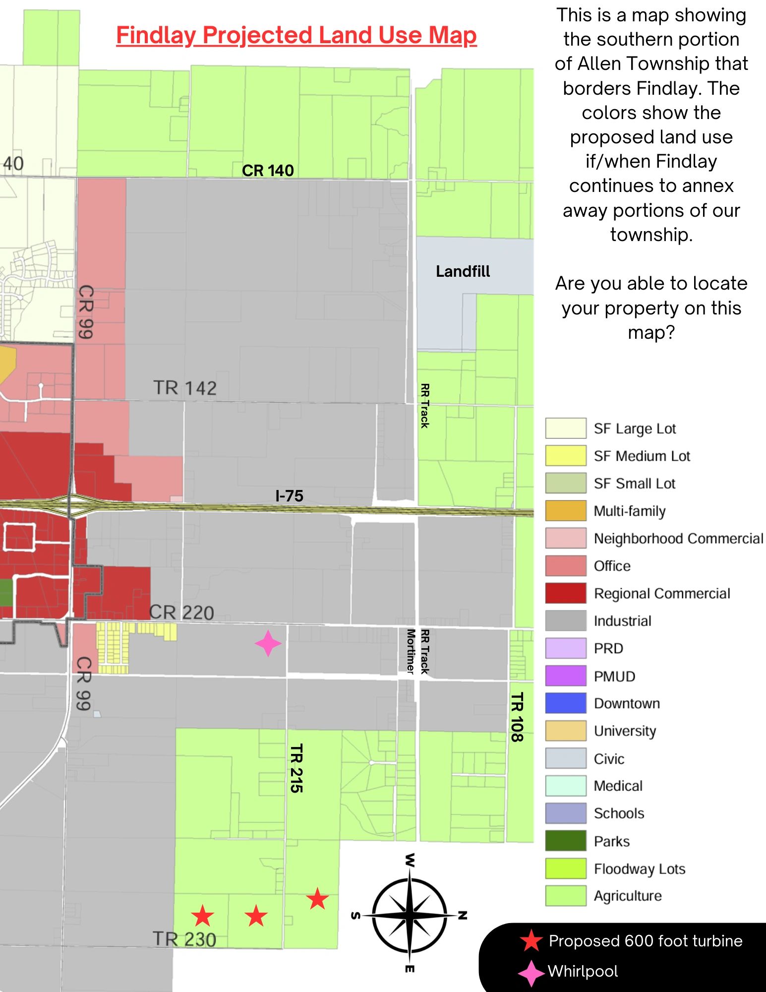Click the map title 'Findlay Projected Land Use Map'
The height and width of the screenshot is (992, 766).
[x=296, y=36]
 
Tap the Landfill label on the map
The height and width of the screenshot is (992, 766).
[x=463, y=271]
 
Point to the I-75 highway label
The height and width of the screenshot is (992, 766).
[x=289, y=496]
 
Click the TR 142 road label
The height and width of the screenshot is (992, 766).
[x=184, y=388]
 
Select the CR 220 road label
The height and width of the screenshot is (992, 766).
[x=181, y=613]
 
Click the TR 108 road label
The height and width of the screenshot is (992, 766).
[x=517, y=717]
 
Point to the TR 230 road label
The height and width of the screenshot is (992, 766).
[x=184, y=939]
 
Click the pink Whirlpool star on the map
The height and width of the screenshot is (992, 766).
[x=268, y=643]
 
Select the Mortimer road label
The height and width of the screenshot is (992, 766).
[x=411, y=651]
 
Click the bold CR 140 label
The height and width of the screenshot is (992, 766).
[x=268, y=171]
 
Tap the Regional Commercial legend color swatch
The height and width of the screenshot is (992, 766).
[x=565, y=593]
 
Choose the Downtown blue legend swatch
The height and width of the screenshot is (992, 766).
[x=565, y=703]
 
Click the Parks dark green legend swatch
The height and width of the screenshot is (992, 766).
[x=565, y=841]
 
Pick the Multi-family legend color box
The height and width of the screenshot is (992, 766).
[x=565, y=511]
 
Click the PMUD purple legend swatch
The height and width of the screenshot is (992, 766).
[x=565, y=676]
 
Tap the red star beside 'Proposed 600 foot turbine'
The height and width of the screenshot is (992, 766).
[x=531, y=940]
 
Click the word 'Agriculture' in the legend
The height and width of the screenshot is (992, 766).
[x=628, y=896]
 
